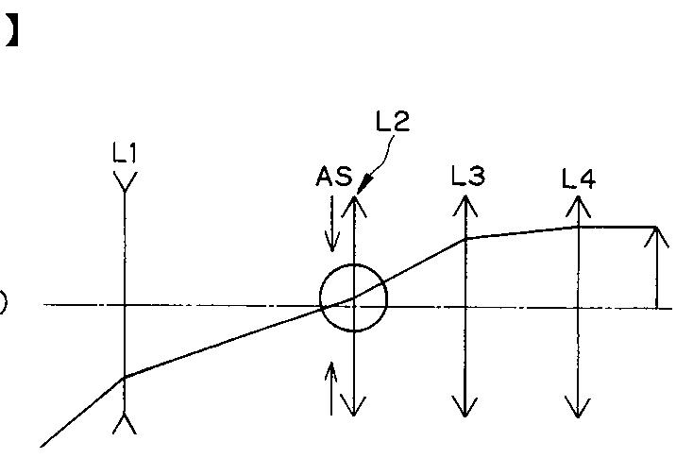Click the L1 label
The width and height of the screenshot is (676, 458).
click(125, 153)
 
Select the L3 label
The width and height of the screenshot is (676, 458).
click(467, 176)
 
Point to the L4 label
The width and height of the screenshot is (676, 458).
click(578, 178)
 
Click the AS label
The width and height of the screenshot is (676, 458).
click(335, 177)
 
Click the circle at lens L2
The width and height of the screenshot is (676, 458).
click(353, 297)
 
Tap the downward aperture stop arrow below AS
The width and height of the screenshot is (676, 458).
click(330, 227)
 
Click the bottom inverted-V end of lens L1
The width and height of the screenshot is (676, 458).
click(125, 423)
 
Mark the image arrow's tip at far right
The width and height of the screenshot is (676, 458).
click(656, 232)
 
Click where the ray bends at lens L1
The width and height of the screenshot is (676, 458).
click(125, 378)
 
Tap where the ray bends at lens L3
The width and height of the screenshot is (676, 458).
click(465, 239)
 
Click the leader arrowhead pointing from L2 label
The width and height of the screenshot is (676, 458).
click(362, 189)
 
